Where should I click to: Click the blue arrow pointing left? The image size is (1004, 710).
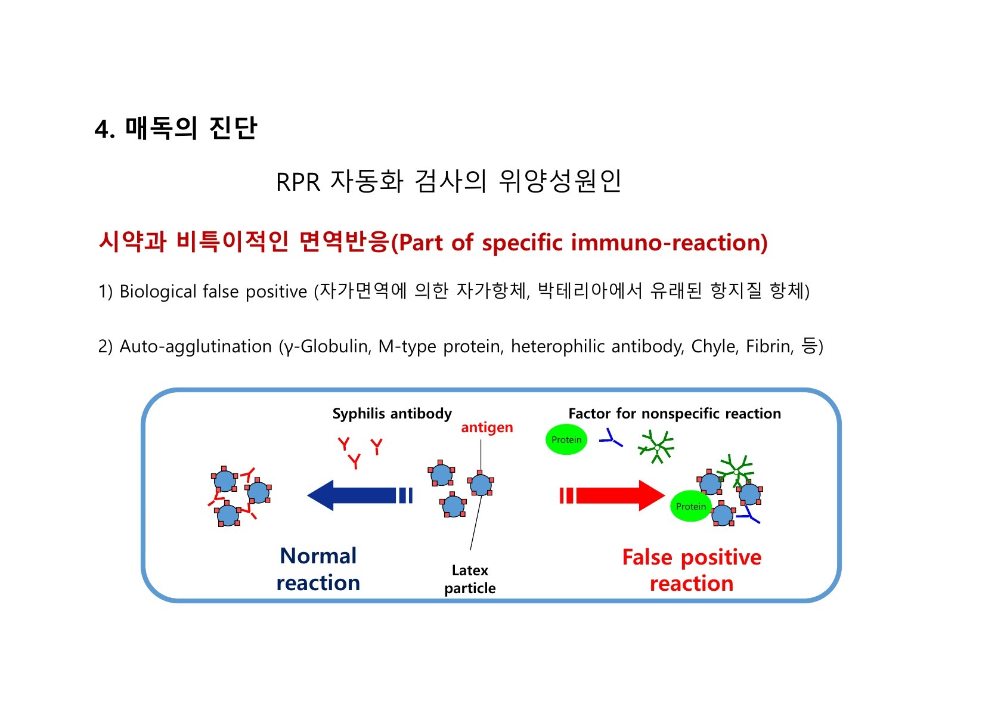[x=358, y=495]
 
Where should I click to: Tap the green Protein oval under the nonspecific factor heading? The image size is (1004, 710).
[x=566, y=440]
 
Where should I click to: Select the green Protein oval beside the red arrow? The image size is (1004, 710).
[x=690, y=506]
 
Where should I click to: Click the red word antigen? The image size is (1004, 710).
[x=486, y=427]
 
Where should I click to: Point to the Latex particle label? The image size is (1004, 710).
[x=470, y=579]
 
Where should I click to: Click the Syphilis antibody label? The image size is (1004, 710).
[x=392, y=414]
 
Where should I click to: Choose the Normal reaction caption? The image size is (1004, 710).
[x=318, y=569]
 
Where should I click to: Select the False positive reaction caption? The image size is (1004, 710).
[x=692, y=570]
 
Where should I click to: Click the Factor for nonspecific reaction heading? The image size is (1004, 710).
[x=674, y=414]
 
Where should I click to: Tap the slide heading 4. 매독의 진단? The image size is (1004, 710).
[x=176, y=128]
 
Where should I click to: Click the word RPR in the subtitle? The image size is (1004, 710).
[x=298, y=182]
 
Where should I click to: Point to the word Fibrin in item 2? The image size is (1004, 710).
[x=769, y=346]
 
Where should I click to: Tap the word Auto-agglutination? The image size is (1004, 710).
[x=196, y=346]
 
